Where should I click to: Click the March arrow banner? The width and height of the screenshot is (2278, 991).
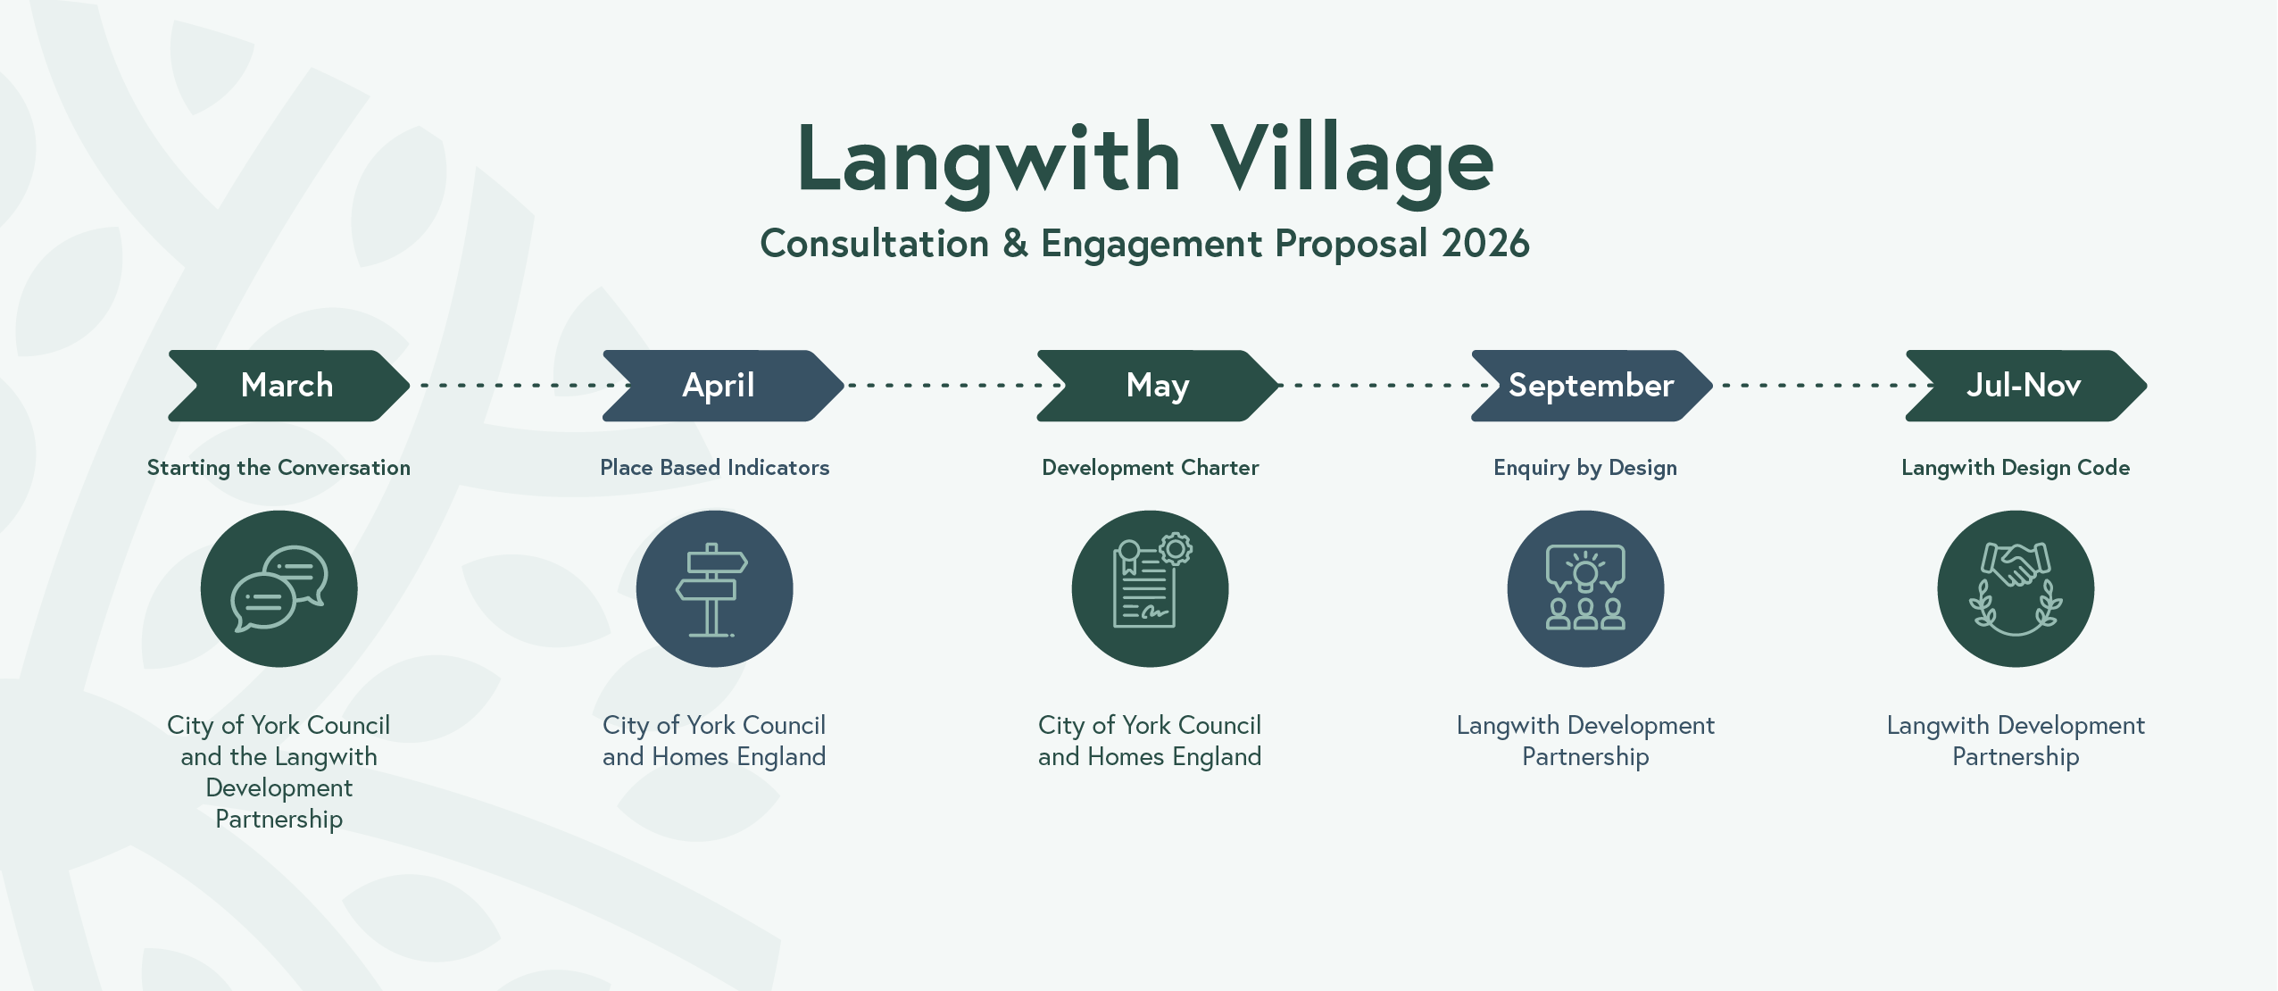pyautogui.click(x=288, y=386)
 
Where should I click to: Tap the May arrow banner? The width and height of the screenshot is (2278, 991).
pyautogui.click(x=1158, y=386)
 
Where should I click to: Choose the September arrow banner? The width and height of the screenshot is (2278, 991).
pyautogui.click(x=1592, y=386)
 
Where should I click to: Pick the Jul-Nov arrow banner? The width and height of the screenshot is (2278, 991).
pyautogui.click(x=2026, y=386)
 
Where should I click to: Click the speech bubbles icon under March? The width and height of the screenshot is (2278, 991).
pyautogui.click(x=279, y=588)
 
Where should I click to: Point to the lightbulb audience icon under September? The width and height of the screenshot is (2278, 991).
pyautogui.click(x=1585, y=588)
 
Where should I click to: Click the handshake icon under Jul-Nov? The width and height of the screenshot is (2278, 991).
pyautogui.click(x=2016, y=588)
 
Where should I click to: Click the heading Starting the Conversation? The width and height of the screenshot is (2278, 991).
pyautogui.click(x=279, y=468)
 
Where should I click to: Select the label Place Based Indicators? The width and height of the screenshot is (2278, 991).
pyautogui.click(x=714, y=467)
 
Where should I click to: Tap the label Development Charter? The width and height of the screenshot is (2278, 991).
pyautogui.click(x=1150, y=468)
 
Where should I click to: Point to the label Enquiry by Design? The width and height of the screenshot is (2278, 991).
pyautogui.click(x=1585, y=468)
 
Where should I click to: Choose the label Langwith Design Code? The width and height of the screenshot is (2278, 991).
pyautogui.click(x=2016, y=468)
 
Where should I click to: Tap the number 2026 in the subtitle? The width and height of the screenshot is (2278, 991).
pyautogui.click(x=1485, y=243)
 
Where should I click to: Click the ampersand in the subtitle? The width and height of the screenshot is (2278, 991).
pyautogui.click(x=1015, y=244)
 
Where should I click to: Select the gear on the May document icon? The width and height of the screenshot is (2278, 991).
pyautogui.click(x=1176, y=548)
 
